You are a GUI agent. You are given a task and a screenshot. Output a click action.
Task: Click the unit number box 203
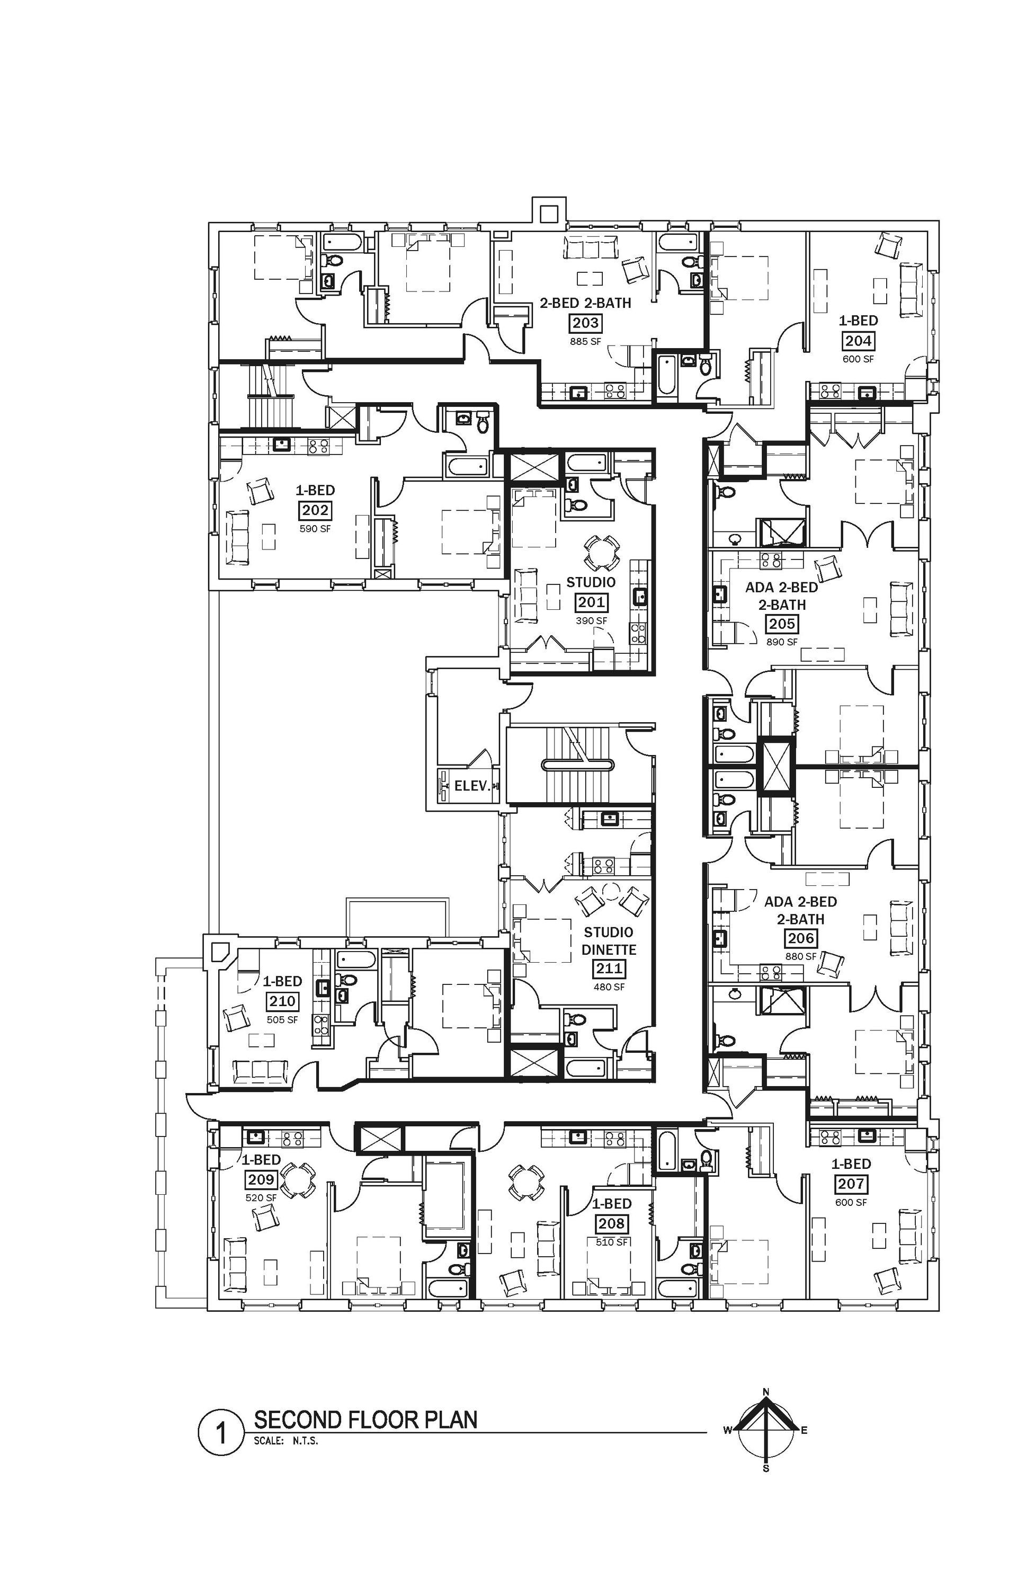(x=585, y=324)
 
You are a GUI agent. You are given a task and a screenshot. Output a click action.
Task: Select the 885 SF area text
(x=586, y=342)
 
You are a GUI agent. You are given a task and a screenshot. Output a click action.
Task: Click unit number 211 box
(x=609, y=969)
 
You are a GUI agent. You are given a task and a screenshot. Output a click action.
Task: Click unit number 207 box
(x=852, y=1184)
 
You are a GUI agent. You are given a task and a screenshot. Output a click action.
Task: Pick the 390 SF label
(x=591, y=621)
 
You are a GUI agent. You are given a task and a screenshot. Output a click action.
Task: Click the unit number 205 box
(x=782, y=624)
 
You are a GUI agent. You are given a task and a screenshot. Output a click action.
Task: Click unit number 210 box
(x=283, y=1001)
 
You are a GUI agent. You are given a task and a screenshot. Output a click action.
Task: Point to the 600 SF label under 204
(x=858, y=359)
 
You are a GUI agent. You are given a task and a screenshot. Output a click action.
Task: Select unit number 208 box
(x=611, y=1224)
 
